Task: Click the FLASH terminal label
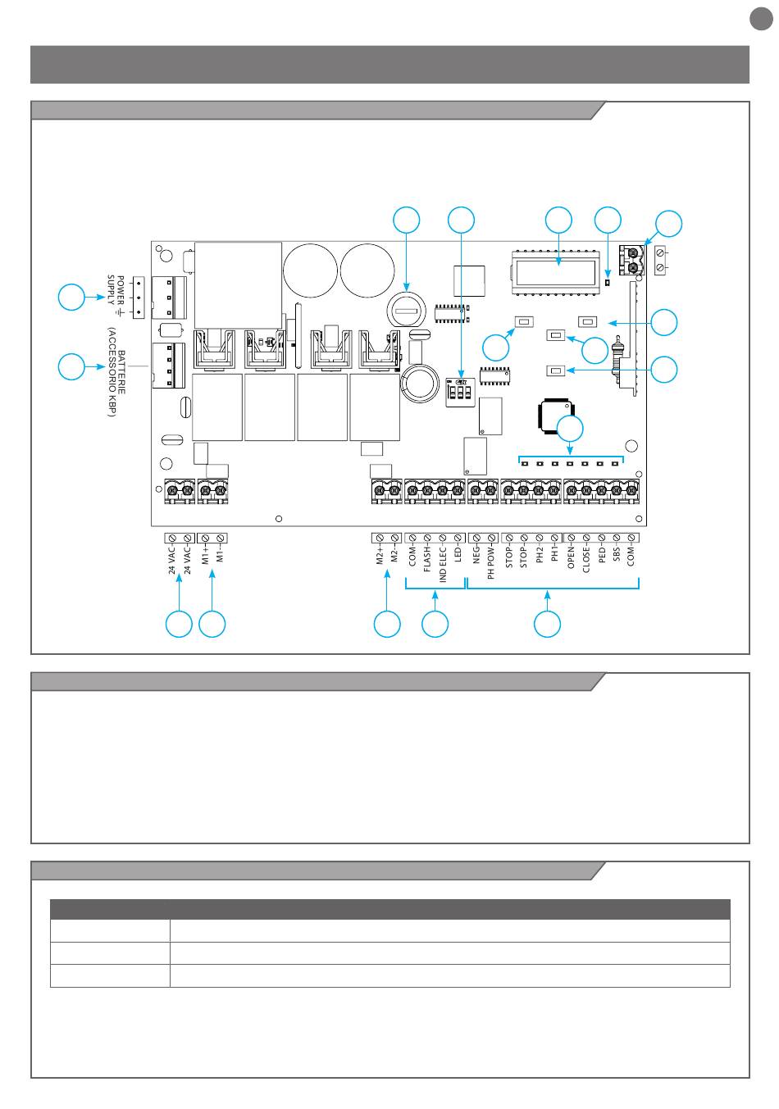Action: point(427,560)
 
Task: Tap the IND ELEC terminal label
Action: point(443,566)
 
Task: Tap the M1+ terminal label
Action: point(205,554)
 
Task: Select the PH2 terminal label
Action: point(540,555)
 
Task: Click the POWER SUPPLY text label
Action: point(116,291)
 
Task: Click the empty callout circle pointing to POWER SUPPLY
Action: point(71,297)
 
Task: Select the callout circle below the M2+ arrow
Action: point(387,624)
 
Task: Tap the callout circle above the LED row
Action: point(572,428)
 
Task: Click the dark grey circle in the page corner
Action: point(760,18)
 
